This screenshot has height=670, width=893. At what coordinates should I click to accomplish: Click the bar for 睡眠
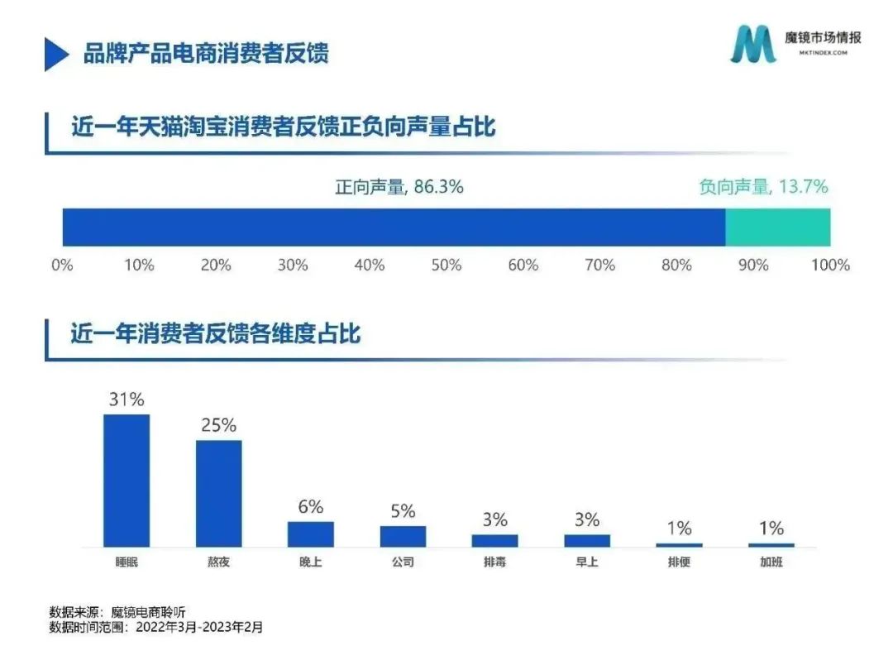point(127,480)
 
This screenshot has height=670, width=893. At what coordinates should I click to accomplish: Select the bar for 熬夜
point(219,493)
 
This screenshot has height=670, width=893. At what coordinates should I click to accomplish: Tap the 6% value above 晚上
point(311,507)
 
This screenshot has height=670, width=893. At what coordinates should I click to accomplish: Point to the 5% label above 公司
point(403,511)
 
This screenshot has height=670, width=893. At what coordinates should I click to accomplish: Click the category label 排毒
point(495,562)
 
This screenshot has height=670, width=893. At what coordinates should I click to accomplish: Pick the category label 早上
point(587,562)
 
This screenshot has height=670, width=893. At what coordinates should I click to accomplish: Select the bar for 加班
point(771,545)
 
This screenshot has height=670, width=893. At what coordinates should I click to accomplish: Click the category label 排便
point(680,562)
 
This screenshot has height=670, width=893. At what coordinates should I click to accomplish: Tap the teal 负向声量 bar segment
point(777,227)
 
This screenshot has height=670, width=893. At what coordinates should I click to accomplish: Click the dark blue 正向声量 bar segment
point(394,227)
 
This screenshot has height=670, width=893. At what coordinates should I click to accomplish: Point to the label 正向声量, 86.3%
point(399,187)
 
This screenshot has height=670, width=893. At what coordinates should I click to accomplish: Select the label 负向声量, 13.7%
point(763,187)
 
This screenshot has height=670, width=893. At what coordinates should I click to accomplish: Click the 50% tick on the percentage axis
point(446,266)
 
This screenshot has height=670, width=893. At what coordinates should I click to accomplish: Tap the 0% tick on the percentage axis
point(63,266)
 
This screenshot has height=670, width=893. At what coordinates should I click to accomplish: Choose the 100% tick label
point(830,266)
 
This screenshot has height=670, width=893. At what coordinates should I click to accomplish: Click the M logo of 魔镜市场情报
point(753,44)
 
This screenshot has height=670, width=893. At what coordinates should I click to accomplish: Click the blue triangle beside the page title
point(56,54)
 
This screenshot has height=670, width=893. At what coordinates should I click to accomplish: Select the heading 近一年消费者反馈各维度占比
point(217,335)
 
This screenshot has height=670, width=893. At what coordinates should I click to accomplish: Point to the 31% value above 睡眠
point(127,400)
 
